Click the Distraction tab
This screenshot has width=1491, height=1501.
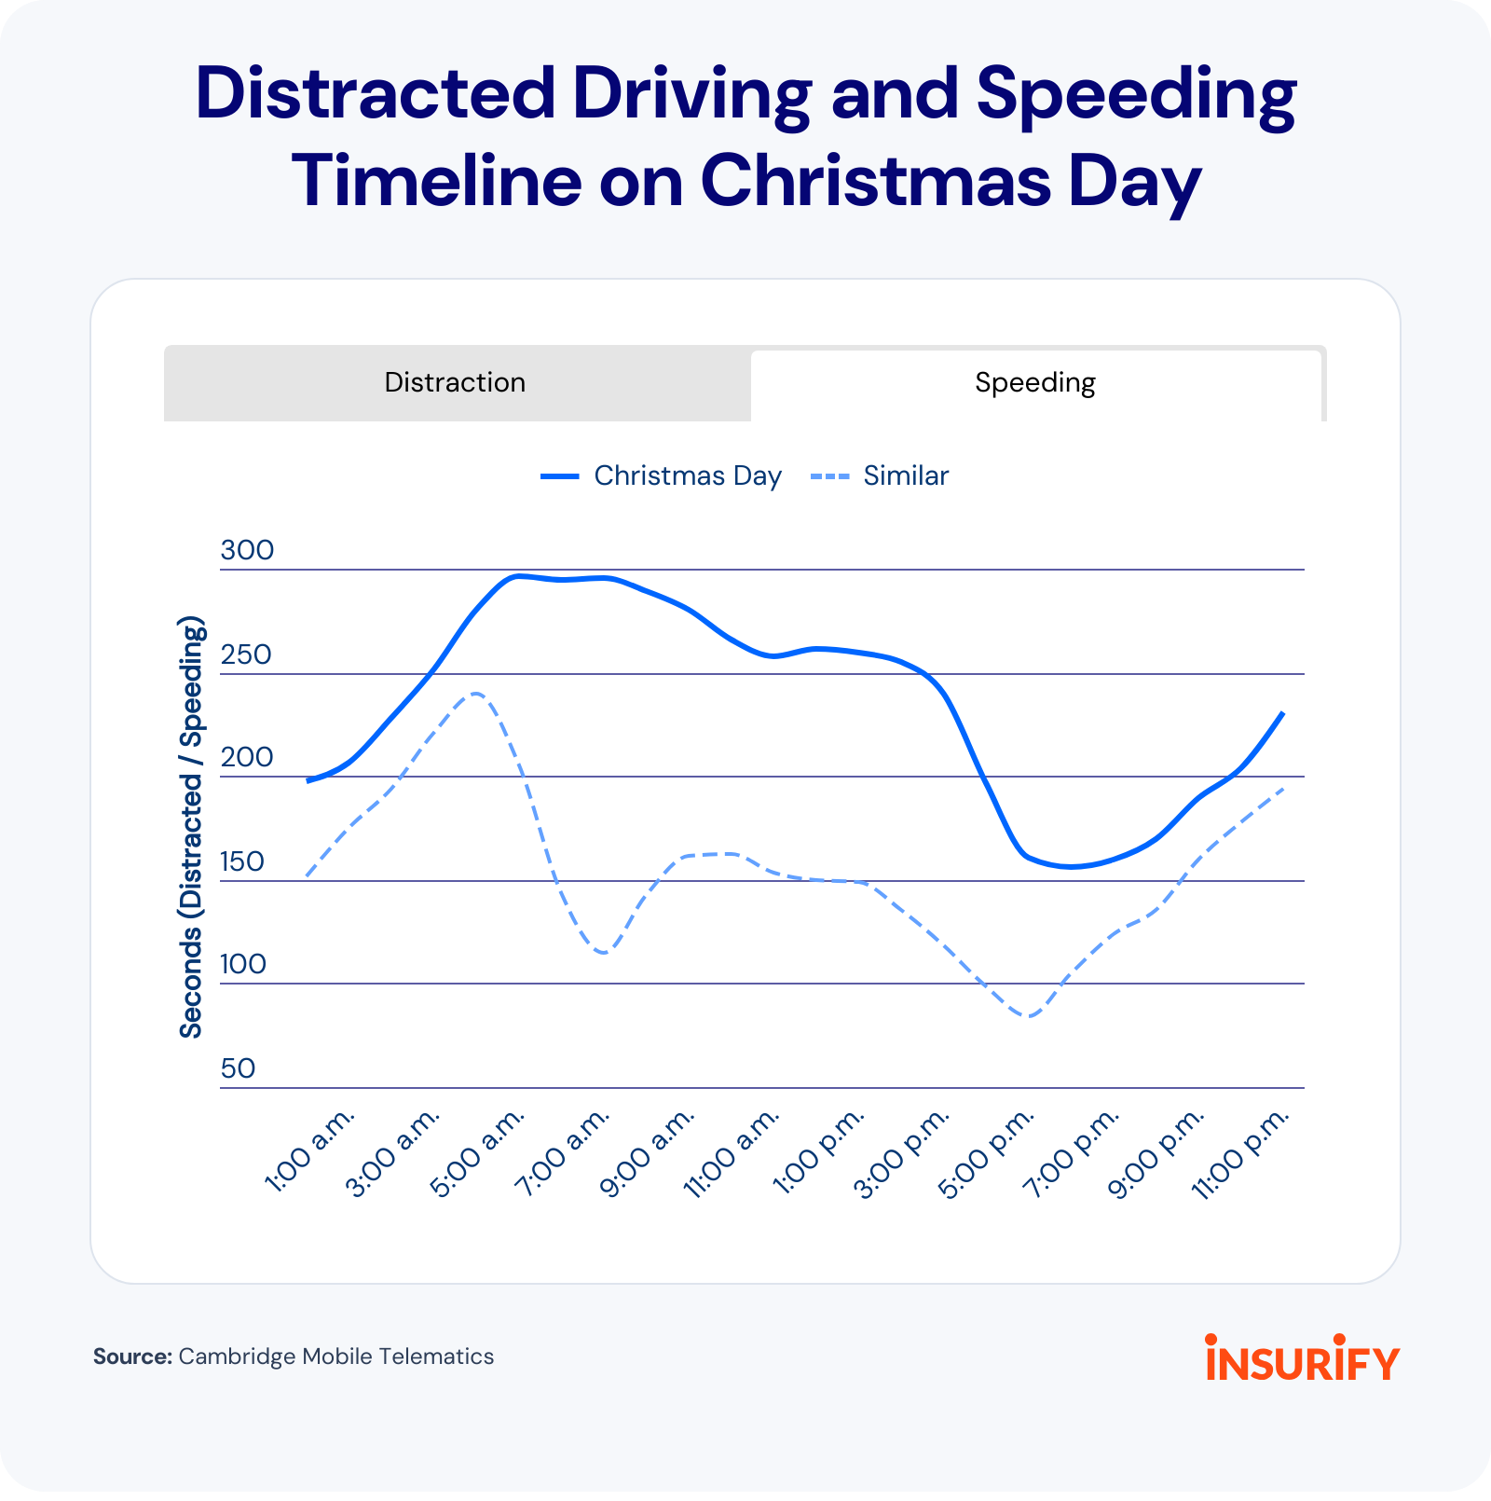point(455,383)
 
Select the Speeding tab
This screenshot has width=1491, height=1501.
point(1034,383)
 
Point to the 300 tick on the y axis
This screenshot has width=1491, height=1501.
point(247,550)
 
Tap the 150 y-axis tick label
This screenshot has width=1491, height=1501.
point(243,861)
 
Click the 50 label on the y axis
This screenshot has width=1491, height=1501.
point(238,1068)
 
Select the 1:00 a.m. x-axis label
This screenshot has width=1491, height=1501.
point(311,1150)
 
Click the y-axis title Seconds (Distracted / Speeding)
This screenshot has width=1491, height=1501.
point(192,827)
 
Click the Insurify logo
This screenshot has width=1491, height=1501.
point(1302,1358)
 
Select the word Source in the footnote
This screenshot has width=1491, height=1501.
point(132,1356)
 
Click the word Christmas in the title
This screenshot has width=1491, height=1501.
point(874,180)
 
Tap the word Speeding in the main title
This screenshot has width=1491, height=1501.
point(1136,94)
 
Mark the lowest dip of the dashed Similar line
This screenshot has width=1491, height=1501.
point(1029,1016)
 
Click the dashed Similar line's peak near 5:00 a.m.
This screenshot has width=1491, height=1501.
point(475,694)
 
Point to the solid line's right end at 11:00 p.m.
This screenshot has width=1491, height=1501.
point(1283,713)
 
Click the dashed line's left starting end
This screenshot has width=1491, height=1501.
point(307,876)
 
